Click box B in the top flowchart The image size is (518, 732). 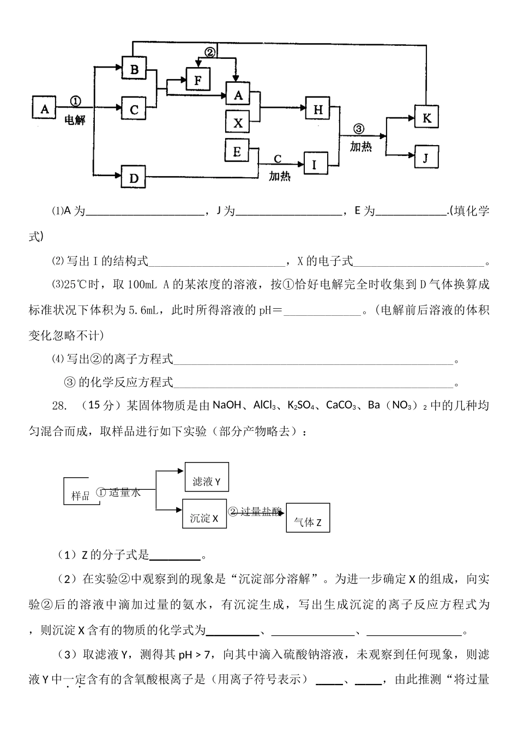pos(134,69)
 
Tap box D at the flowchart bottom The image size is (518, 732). pos(134,177)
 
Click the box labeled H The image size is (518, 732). pos(318,110)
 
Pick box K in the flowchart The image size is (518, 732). pos(426,118)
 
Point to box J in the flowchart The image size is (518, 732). pos(426,158)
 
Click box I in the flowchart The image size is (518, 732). pos(315,164)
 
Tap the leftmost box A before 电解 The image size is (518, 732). pos(45,109)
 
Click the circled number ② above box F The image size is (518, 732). pos(210,52)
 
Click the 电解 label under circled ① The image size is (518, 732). pos(75,119)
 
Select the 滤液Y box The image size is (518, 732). pos(207,481)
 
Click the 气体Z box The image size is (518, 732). pos(308,523)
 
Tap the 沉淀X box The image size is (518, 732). pos(204,518)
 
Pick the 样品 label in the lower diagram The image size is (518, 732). pos(81,496)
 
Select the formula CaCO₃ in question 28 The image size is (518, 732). pos(341,405)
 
